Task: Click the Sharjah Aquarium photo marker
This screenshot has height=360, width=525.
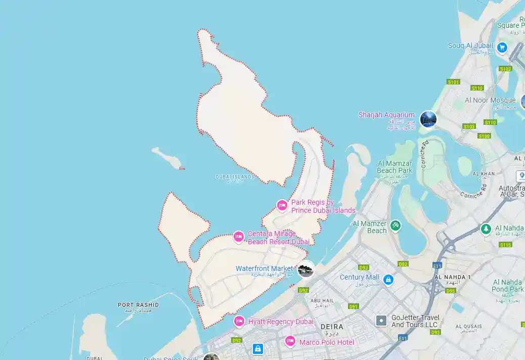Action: point(428,119)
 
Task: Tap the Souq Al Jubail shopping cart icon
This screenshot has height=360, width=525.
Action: point(502,48)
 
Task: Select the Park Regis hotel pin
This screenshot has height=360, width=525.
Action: point(282,205)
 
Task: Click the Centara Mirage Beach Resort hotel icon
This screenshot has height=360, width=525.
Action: point(239,236)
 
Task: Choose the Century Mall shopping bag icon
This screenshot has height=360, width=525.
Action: point(388,279)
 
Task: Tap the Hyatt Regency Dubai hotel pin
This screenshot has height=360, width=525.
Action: point(239,321)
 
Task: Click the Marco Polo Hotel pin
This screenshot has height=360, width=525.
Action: point(290,341)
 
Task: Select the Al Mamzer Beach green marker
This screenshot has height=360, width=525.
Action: point(395,226)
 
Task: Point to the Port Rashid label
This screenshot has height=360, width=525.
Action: point(138,305)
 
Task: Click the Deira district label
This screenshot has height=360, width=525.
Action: point(332,327)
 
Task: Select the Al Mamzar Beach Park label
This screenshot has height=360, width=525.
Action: point(395,167)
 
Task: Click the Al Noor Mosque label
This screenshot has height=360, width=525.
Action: point(490,100)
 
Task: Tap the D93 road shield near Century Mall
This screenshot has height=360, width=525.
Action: point(363,267)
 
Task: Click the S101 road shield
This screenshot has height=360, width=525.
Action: point(453,82)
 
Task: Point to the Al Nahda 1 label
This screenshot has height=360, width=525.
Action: point(452,277)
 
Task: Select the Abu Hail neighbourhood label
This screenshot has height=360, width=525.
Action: point(323,299)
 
